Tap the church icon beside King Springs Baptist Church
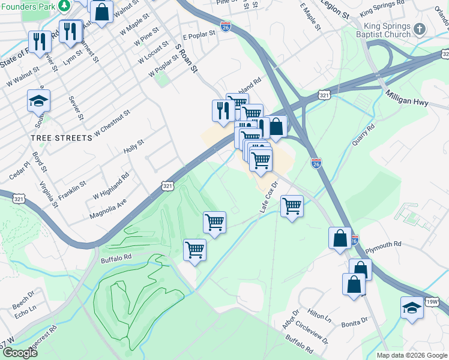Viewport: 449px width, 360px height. pyautogui.click(x=421, y=28)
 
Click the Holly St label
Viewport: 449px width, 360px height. pyautogui.click(x=134, y=146)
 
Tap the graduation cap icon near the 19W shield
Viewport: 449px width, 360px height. pyautogui.click(x=412, y=308)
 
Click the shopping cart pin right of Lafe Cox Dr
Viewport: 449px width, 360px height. pyautogui.click(x=292, y=206)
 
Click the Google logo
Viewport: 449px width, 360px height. pyautogui.click(x=19, y=353)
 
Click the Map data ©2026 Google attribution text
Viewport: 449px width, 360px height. pyautogui.click(x=411, y=355)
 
